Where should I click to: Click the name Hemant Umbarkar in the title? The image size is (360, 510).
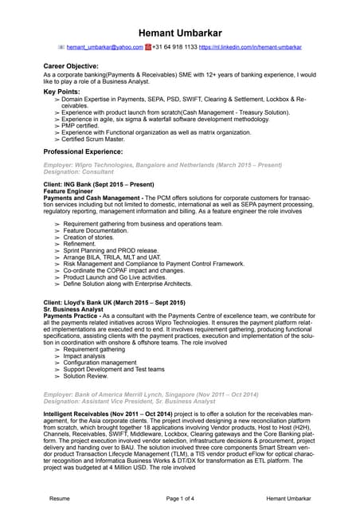point(180,33)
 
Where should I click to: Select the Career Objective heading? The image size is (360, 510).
point(71,66)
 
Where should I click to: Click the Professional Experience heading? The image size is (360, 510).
point(83,151)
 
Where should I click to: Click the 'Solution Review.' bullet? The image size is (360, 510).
point(90,376)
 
